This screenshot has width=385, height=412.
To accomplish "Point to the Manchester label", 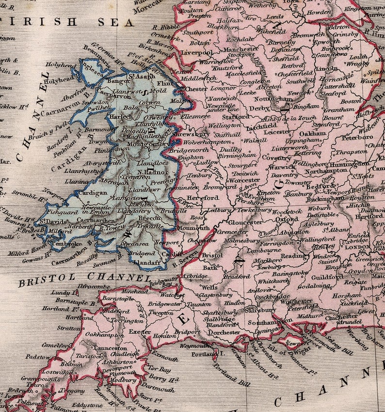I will (241, 49).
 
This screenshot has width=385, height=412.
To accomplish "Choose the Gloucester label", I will (245, 222).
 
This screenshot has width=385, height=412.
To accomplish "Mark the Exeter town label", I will (140, 332).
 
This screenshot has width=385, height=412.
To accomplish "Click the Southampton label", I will (265, 322).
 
